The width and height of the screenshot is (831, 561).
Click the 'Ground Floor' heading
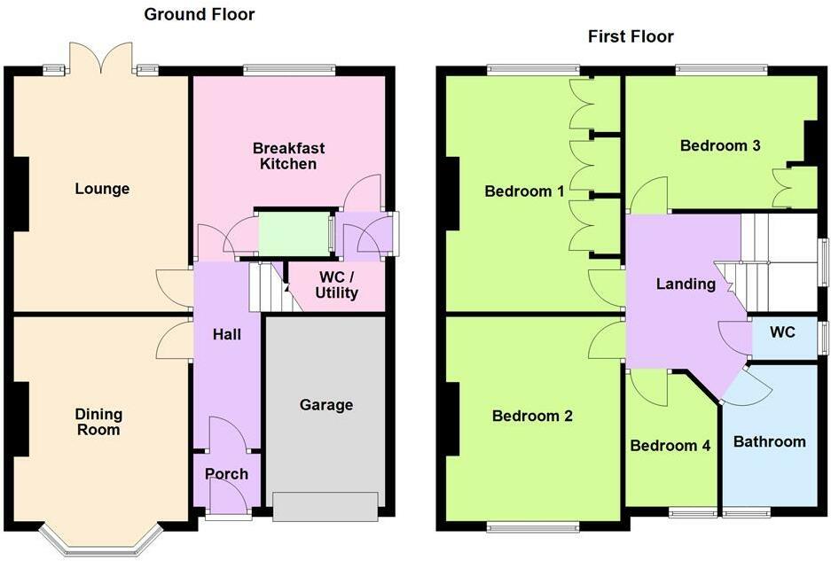click(x=199, y=14)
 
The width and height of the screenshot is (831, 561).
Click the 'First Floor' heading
click(x=631, y=36)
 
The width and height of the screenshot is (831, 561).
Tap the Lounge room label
click(x=102, y=189)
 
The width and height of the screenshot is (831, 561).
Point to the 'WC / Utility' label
click(x=337, y=285)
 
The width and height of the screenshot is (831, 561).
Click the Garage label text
click(x=325, y=405)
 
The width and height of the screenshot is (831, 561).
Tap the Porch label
click(x=226, y=473)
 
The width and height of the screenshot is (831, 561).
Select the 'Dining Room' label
click(x=98, y=422)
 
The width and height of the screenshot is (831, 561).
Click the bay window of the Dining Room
click(x=103, y=540)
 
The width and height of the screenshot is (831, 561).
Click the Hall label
click(x=226, y=335)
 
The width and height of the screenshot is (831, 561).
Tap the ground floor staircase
click(x=269, y=288)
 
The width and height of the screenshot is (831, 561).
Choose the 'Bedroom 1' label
click(x=524, y=191)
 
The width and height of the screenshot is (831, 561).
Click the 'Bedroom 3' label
click(x=720, y=145)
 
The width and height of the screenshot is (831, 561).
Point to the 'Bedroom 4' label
click(x=670, y=446)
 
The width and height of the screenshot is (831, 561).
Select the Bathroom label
click(x=769, y=441)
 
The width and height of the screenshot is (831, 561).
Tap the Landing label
click(x=686, y=284)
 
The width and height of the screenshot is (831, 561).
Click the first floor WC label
click(x=782, y=333)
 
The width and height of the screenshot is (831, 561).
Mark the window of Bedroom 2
click(x=532, y=529)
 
